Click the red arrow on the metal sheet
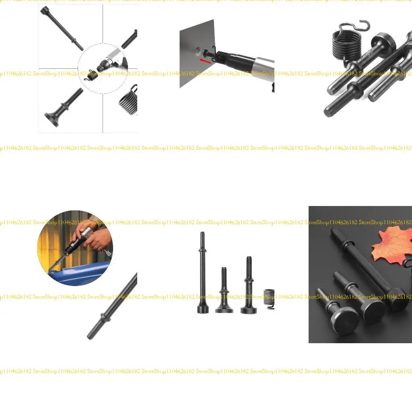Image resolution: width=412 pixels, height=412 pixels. (x=205, y=61)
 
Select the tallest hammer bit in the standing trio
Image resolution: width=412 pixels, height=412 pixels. (x=202, y=274)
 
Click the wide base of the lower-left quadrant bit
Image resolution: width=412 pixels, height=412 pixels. (x=51, y=120)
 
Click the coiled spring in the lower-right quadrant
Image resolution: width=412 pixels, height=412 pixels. (x=129, y=101)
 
